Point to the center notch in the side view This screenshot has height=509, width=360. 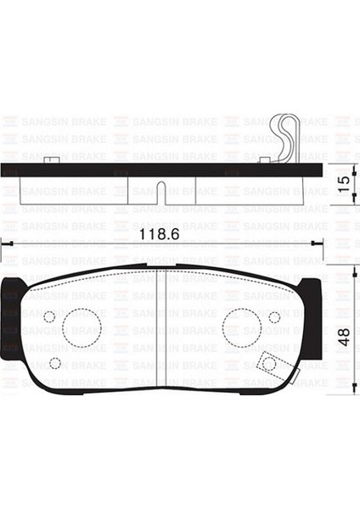(161, 186)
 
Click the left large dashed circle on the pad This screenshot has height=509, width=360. (82, 326)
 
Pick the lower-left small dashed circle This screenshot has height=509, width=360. (55, 363)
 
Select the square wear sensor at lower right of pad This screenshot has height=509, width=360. (269, 364)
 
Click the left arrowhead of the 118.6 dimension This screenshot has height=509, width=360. (5, 243)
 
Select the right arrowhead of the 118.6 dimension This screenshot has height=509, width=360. (318, 243)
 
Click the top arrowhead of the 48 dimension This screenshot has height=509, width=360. (352, 270)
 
